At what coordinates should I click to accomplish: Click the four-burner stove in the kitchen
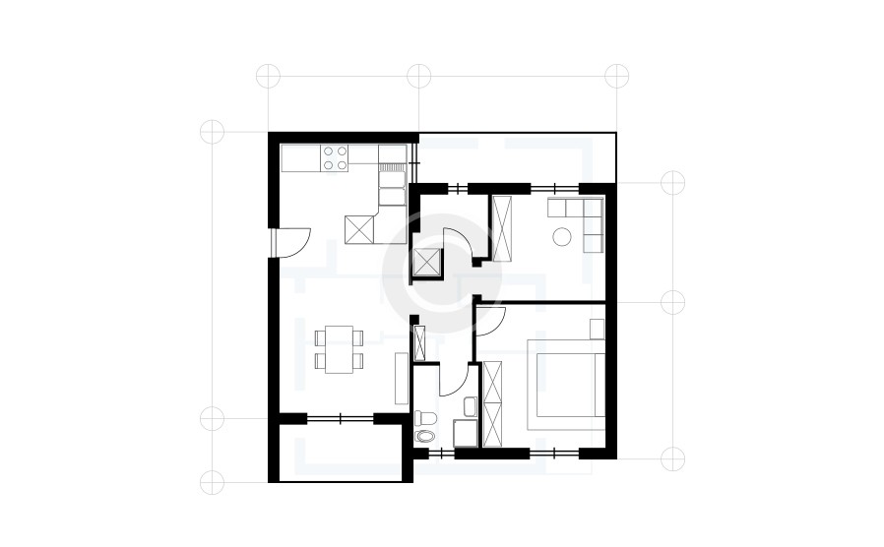336,158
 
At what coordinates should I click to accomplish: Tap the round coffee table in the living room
562,236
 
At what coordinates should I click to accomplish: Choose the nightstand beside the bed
597,329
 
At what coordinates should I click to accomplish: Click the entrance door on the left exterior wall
293,240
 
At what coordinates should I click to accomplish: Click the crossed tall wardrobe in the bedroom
492,402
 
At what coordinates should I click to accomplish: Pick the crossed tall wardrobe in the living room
502,228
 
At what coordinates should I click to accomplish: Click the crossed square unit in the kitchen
360,228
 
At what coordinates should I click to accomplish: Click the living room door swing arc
457,242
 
